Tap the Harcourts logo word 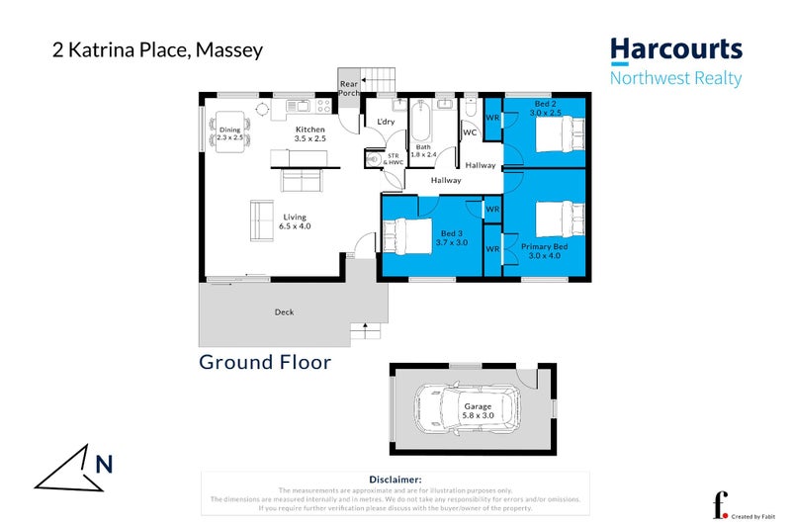[x=675, y=49]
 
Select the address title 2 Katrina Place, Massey [x=157, y=49]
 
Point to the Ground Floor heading [x=265, y=362]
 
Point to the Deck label [x=284, y=312]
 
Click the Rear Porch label [x=348, y=89]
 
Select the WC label [x=471, y=132]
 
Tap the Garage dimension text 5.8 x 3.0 [x=478, y=415]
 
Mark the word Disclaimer [x=395, y=479]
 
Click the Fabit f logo [x=721, y=504]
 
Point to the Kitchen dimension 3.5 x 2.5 [x=309, y=139]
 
